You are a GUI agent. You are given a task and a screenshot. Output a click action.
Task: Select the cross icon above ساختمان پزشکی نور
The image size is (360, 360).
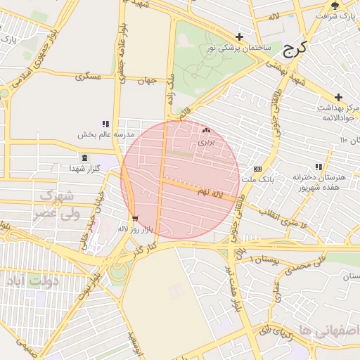pyautogui.click(x=240, y=37)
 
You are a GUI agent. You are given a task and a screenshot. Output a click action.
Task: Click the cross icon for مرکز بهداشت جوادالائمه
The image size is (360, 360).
pyautogui.click(x=338, y=97)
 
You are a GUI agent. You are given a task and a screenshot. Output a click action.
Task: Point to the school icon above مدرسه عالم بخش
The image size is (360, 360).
pyautogui.click(x=106, y=124)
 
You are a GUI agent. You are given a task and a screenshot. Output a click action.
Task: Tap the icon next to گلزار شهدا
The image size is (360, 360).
pyautogui.click(x=85, y=158)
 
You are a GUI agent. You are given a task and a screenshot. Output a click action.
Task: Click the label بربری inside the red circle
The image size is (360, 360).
pyautogui.click(x=205, y=141)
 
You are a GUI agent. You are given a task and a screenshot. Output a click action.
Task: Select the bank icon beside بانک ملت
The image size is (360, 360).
pyautogui.click(x=257, y=169)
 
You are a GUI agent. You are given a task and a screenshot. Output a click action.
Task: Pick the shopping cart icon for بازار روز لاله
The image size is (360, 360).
pyautogui.click(x=135, y=219)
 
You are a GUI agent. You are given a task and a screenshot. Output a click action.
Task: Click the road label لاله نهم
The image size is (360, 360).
pyautogui.click(x=215, y=191)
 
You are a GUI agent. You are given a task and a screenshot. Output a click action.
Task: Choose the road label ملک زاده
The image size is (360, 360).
pyautogui.click(x=170, y=90)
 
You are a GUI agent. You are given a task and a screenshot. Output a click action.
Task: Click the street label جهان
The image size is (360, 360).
pyautogui.click(x=146, y=81)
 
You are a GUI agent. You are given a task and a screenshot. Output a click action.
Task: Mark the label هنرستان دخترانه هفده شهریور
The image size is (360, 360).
pyautogui.click(x=320, y=183)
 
